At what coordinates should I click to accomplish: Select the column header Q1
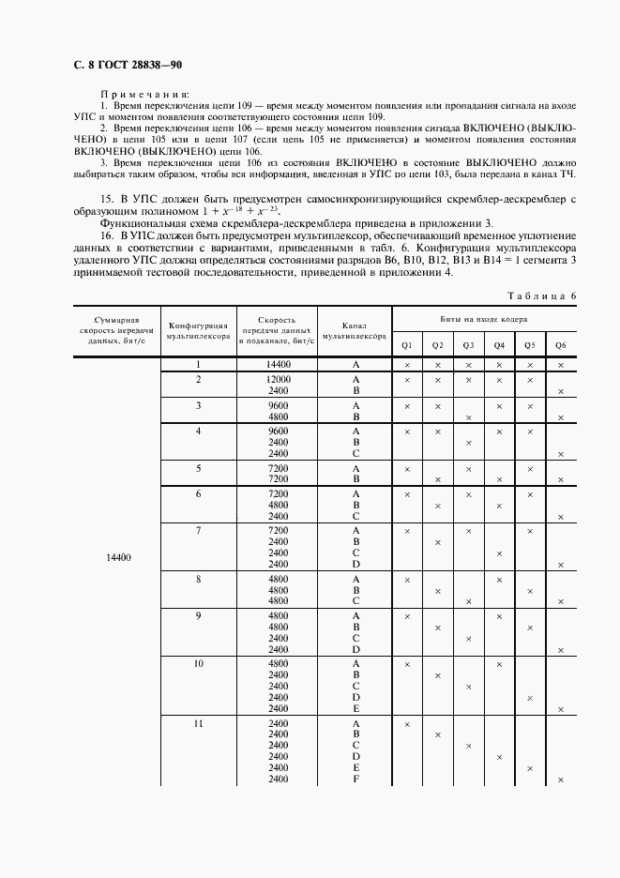[407, 344]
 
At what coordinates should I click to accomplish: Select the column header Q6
[560, 344]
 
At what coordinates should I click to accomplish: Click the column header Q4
[499, 344]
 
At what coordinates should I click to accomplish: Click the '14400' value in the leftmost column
[119, 557]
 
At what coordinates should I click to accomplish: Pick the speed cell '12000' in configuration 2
[279, 379]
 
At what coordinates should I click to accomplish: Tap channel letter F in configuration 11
[355, 780]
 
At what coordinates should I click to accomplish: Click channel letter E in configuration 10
[355, 708]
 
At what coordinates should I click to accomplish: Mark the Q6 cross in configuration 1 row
[560, 364]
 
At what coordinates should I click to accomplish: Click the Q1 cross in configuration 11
[407, 724]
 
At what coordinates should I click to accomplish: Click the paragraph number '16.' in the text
[108, 235]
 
